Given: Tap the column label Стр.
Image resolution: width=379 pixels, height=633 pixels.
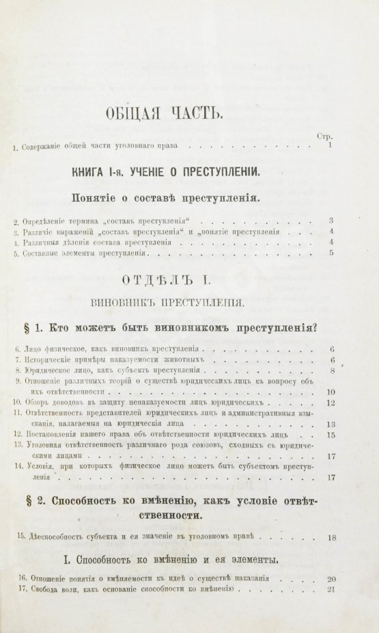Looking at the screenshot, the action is (325, 136).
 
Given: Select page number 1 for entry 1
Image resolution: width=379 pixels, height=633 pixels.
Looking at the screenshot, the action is (330, 146).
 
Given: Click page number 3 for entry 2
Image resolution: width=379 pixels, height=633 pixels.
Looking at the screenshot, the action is (330, 220).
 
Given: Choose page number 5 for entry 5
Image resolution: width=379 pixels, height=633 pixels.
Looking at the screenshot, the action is (330, 253).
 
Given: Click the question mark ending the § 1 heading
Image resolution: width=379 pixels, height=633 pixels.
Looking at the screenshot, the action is (318, 325).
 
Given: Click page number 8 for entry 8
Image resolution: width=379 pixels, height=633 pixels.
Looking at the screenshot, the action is (330, 371).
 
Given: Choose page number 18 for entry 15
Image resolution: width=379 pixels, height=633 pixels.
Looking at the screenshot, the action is (331, 538).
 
